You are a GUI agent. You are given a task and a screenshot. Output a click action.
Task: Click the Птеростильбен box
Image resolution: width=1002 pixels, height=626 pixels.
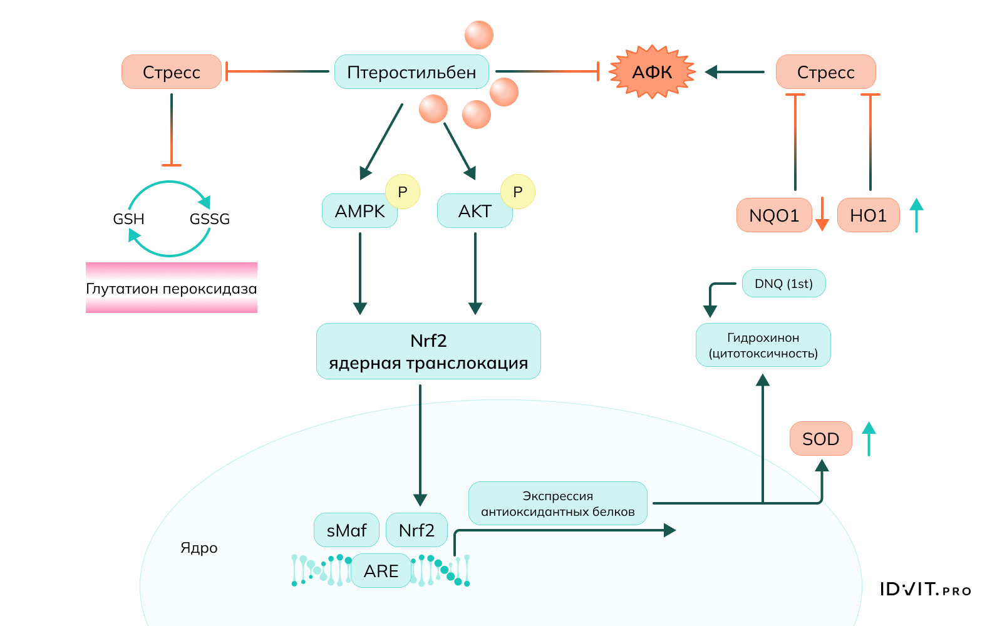pos(411,72)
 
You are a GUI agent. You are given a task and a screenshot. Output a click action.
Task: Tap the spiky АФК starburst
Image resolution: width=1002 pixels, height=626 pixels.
pos(652,72)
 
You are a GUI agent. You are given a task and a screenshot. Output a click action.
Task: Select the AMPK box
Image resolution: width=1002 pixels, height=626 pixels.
pos(359,211)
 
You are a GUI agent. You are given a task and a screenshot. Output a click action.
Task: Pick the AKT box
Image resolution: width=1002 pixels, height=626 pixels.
pos(475,211)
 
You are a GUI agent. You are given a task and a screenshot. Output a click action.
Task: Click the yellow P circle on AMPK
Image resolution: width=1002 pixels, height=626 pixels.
pos(403,192)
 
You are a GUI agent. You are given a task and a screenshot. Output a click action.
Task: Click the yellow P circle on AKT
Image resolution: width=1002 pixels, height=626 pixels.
pos(518,192)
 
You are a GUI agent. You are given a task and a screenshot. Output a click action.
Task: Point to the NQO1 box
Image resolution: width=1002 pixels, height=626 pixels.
pos(774,215)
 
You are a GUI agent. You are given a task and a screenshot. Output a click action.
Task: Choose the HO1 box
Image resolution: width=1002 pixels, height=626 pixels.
pos(868,215)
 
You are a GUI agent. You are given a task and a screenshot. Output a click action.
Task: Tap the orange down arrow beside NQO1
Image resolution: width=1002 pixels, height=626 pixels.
pos(822,215)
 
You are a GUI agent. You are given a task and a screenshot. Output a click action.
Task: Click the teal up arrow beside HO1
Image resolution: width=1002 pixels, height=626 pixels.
pos(916,215)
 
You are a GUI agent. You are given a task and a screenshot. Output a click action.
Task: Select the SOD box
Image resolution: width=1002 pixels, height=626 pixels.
pos(820,439)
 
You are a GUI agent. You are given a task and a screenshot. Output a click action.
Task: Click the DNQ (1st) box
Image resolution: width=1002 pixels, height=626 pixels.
pos(783,284)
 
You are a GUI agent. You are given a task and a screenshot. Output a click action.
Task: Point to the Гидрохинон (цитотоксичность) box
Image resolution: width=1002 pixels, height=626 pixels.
pos(763,345)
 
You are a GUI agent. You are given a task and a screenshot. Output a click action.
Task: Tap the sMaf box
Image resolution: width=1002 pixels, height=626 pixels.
pos(346,530)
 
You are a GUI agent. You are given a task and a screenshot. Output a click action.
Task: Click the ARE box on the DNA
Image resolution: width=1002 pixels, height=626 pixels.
pos(381,571)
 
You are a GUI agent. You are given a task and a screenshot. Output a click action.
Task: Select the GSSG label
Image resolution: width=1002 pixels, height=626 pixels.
pos(210,219)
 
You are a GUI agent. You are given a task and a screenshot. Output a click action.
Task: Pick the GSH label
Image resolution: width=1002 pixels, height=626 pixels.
pos(128,219)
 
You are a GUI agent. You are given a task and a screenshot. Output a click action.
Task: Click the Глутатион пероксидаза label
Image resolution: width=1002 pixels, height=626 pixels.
pos(171,289)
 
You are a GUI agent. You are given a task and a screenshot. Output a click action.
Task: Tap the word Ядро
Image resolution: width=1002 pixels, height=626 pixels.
pos(199,548)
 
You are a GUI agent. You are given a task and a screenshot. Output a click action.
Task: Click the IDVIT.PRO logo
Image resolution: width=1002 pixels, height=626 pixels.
pos(925,590)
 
